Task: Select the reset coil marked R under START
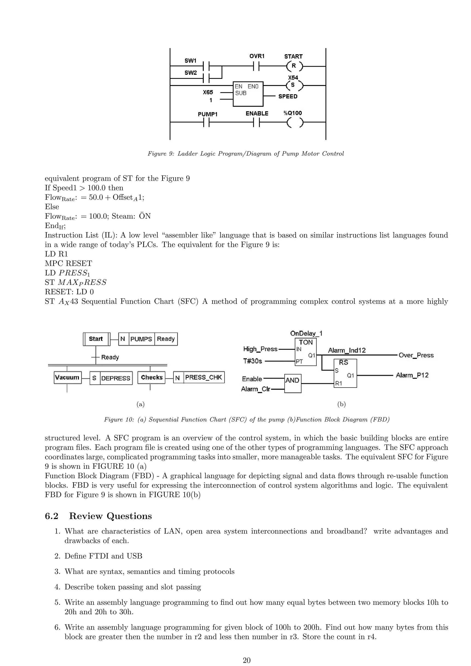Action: pos(294,66)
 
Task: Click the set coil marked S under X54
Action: pos(293,86)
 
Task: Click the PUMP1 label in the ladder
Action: pos(207,114)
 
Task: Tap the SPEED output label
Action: pos(288,97)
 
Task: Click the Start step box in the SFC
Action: pos(96,339)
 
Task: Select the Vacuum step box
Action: pos(67,377)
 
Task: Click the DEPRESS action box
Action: pos(116,378)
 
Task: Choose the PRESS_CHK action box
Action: pos(204,377)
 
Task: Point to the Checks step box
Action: pos(151,377)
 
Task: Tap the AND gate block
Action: pos(293,383)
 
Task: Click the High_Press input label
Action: pos(260,349)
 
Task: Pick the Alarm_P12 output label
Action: pos(412,375)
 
